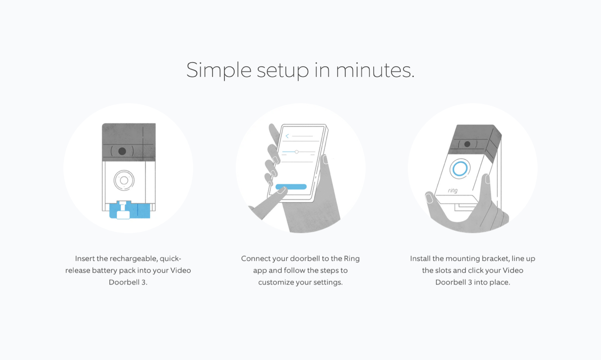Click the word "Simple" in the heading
219,71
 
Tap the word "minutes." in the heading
375,71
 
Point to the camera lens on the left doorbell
122,151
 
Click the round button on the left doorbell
124,180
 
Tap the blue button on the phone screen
291,187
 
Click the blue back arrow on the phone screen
287,136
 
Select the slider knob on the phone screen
296,152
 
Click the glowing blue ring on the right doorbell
460,169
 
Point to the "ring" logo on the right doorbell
452,190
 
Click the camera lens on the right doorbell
467,144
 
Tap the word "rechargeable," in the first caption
133,259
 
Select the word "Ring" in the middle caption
352,259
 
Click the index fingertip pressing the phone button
281,190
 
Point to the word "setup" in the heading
283,71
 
